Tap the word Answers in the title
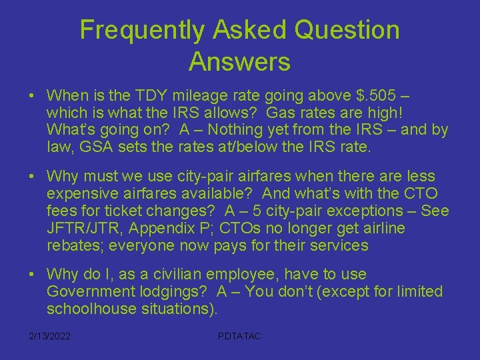click(239, 61)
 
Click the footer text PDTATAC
click(239, 336)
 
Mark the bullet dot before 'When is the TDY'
click(32, 95)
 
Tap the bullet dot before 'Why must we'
click(32, 177)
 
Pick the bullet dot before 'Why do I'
click(32, 275)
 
